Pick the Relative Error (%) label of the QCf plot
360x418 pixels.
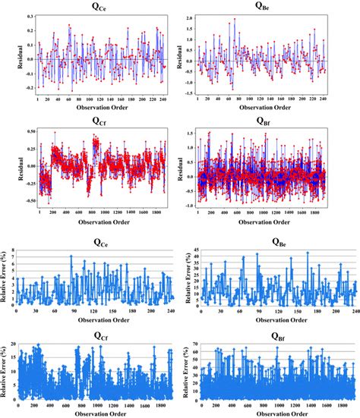pyautogui.click(x=5, y=373)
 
